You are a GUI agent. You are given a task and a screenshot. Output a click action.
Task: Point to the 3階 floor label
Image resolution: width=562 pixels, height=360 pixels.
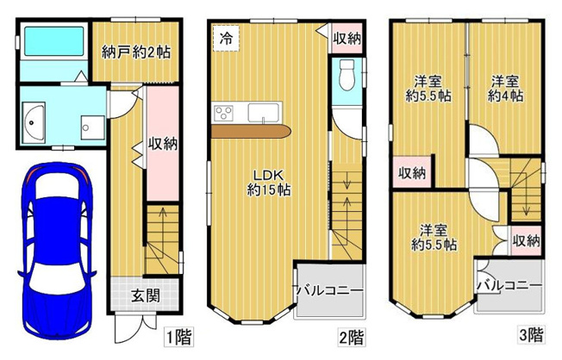[x=530, y=333]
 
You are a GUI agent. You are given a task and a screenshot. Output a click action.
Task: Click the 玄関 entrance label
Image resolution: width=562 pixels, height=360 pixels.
[x=144, y=295]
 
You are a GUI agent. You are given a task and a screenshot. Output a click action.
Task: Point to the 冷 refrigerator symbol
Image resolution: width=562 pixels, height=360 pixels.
[x=226, y=39]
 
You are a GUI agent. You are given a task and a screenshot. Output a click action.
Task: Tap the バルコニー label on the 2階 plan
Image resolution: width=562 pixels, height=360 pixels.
[x=329, y=290]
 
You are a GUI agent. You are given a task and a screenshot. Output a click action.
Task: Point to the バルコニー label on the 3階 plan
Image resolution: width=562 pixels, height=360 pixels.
[x=509, y=284]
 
